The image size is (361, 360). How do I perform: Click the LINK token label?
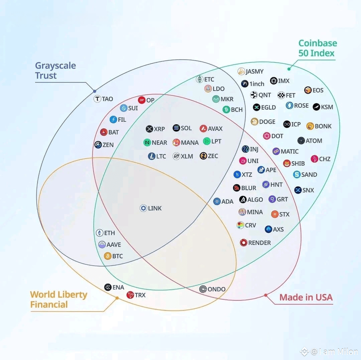[x=155, y=208]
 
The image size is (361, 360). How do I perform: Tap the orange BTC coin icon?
[x=108, y=256]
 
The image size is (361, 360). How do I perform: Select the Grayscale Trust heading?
[x=55, y=71]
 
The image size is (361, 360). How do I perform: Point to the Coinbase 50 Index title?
[x=318, y=48]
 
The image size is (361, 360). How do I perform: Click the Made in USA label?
[x=306, y=297]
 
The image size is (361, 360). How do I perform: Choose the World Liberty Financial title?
[x=59, y=299]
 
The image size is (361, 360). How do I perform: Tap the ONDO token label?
[x=216, y=289]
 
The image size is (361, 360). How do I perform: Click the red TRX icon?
[x=130, y=295]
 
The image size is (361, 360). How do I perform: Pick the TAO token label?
[x=108, y=99]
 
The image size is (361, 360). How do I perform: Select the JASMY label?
[x=255, y=72]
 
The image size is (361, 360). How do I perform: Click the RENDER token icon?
[x=243, y=243]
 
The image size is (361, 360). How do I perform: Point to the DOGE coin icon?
[x=254, y=121]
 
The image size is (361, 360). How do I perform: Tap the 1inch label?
[x=257, y=84]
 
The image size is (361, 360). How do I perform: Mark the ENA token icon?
[x=108, y=287]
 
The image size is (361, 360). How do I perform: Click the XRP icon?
[x=149, y=129]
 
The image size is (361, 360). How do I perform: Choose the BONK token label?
[x=323, y=126]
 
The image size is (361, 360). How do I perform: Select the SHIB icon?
[x=287, y=163]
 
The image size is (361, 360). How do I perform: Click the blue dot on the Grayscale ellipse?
[x=95, y=91]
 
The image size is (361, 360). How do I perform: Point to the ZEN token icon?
[x=98, y=145]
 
